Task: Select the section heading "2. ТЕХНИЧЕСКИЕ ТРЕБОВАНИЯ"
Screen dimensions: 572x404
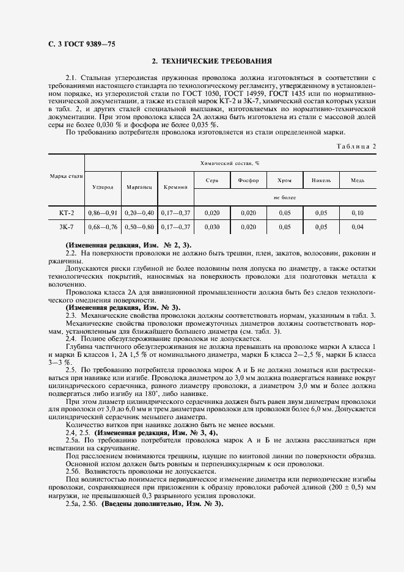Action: [212, 62]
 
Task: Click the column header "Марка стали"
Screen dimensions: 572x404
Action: [65, 176]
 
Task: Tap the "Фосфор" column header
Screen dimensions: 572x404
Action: [248, 180]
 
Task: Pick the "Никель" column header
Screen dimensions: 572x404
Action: [321, 180]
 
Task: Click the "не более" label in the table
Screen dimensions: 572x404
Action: [284, 198]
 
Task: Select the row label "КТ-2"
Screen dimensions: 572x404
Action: [65, 213]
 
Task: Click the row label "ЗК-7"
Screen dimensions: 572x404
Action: [65, 227]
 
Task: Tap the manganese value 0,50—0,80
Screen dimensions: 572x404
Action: [139, 227]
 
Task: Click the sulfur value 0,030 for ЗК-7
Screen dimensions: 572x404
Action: [211, 227]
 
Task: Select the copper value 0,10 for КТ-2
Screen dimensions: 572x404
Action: [358, 213]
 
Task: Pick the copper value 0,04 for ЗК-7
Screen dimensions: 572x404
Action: [358, 227]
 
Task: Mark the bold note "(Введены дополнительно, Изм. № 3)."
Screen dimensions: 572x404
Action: [162, 505]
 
